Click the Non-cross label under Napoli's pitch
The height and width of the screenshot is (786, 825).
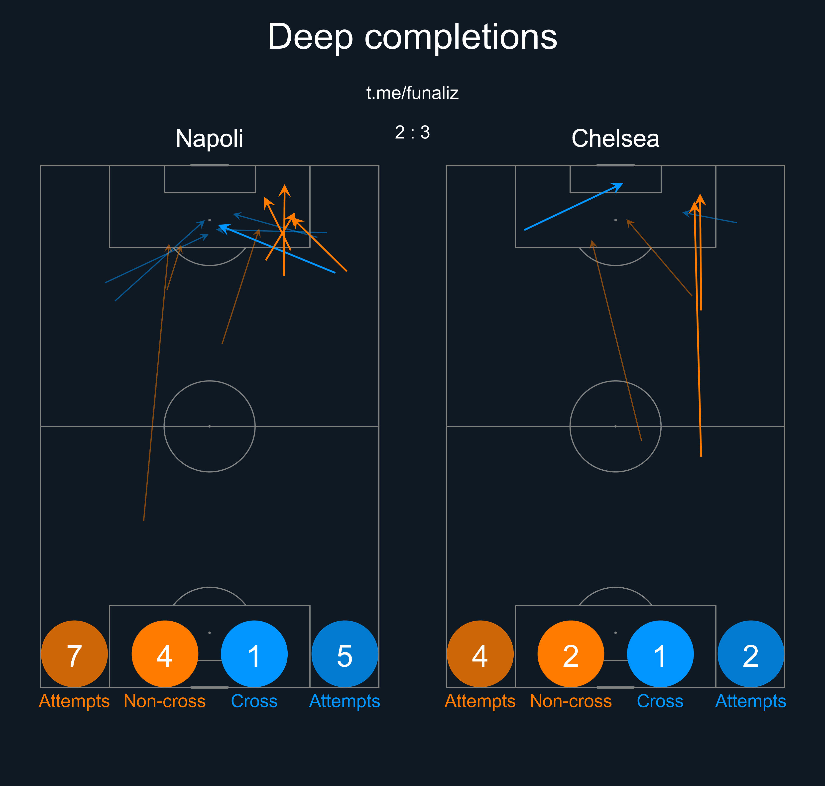pyautogui.click(x=165, y=701)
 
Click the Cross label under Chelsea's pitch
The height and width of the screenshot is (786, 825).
pyautogui.click(x=660, y=701)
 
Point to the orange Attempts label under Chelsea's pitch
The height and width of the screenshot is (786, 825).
pyautogui.click(x=480, y=701)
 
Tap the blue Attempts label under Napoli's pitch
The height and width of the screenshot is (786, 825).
pyautogui.click(x=345, y=701)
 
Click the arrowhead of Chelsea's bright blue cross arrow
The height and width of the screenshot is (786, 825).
pyautogui.click(x=619, y=186)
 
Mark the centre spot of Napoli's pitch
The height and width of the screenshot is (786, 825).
pyautogui.click(x=209, y=426)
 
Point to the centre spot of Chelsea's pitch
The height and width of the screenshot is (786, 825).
pyautogui.click(x=615, y=426)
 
